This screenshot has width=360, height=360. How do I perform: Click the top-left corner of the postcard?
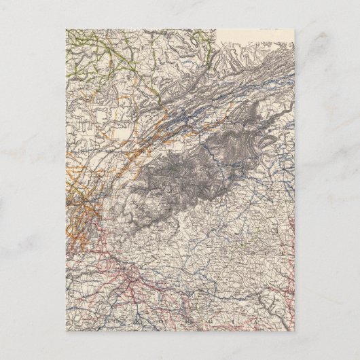click(x=67, y=29)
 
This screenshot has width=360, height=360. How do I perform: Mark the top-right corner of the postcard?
click(x=294, y=29)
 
